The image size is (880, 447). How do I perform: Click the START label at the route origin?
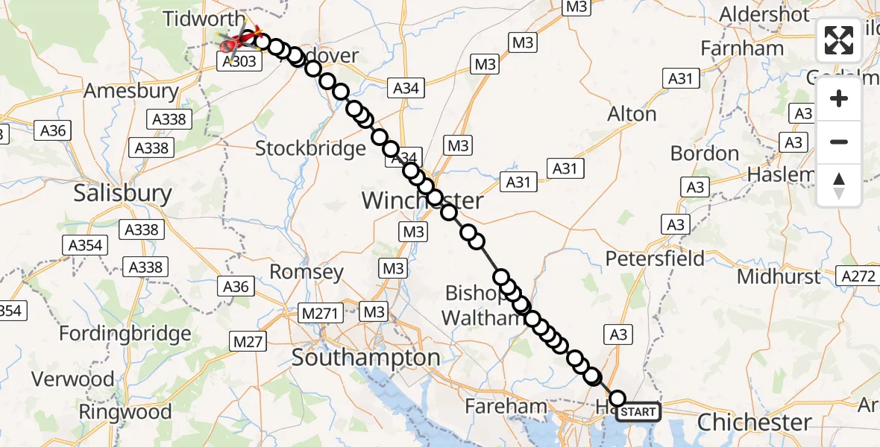(x=638, y=411)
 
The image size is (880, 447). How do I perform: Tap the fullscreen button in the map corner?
(x=839, y=40)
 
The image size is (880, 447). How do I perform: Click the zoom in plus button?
(x=839, y=98)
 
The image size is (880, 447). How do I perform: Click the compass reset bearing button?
(x=839, y=186)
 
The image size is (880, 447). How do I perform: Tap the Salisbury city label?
(x=122, y=194)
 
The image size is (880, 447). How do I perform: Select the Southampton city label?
(x=365, y=358)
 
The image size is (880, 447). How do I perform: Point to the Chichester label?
(x=754, y=422)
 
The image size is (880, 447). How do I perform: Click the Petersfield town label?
(x=655, y=259)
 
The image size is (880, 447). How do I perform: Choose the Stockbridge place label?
(x=310, y=148)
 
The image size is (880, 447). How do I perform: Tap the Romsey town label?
(x=307, y=272)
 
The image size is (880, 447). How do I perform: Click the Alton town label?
(x=632, y=114)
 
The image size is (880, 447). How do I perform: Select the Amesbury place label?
(x=131, y=92)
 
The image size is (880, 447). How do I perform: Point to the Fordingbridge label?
(x=125, y=333)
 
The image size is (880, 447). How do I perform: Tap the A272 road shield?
(x=858, y=276)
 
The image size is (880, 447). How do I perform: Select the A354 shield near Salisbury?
(x=87, y=245)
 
